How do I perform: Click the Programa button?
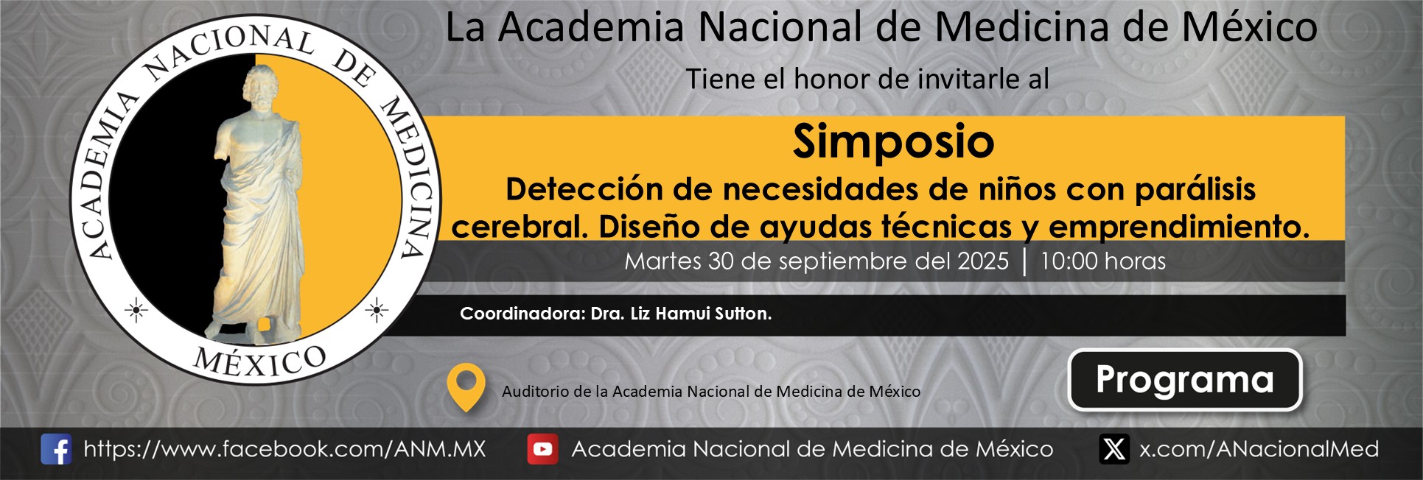tap(1185, 380)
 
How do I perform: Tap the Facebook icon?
tap(56, 449)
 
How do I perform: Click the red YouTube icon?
tap(542, 449)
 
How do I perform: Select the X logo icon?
tap(1114, 449)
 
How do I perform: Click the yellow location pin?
tap(466, 387)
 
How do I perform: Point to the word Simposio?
tap(893, 141)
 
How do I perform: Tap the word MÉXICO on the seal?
tap(259, 361)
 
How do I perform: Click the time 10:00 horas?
tap(1102, 261)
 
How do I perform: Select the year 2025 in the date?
tap(982, 261)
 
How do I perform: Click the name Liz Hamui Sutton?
tap(701, 314)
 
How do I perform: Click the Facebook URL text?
tap(284, 449)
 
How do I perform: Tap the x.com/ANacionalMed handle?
tap(1259, 449)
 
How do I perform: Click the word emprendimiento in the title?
tap(1178, 227)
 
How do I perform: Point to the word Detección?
tap(584, 189)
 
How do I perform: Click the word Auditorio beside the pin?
tap(535, 392)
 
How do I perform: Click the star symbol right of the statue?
tap(377, 311)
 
